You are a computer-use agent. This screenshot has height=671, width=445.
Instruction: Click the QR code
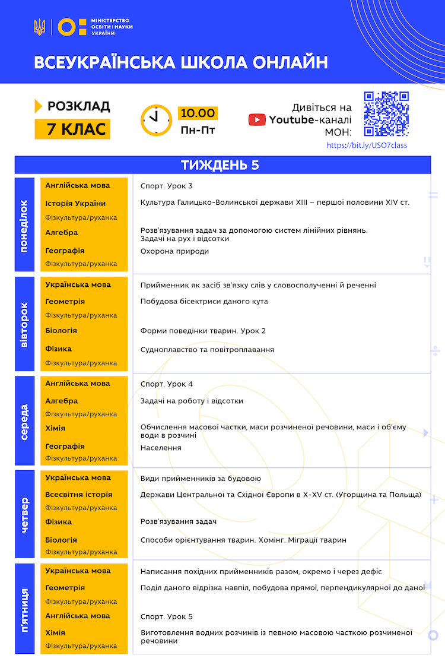[386, 113]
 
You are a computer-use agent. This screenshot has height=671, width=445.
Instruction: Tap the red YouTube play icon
[257, 120]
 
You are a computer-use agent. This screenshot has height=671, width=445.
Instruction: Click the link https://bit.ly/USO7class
[367, 145]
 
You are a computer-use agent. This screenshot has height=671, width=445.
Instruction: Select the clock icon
[156, 120]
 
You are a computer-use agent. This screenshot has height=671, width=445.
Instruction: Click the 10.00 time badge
[198, 113]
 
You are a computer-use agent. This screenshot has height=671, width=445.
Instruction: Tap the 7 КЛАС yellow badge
[72, 128]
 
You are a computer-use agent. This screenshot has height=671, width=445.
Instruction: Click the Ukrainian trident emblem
[39, 27]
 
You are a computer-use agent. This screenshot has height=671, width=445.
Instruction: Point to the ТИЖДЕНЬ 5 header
[223, 165]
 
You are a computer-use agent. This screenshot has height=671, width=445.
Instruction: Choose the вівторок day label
[24, 324]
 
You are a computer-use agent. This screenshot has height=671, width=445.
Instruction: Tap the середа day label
[24, 421]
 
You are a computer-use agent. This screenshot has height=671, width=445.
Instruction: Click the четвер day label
[24, 514]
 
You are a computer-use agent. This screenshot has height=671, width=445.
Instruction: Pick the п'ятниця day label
[24, 607]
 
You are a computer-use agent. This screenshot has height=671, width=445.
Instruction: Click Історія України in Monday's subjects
[75, 204]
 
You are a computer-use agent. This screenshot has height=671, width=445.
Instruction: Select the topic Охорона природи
[174, 251]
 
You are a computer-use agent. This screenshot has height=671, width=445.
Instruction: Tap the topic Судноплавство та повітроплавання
[207, 350]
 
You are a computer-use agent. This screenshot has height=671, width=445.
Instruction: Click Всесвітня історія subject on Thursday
[78, 495]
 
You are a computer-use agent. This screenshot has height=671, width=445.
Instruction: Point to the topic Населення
[161, 448]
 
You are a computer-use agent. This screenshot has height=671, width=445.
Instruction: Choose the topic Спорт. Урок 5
[167, 616]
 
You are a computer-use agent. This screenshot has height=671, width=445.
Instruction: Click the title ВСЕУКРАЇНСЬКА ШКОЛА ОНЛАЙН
[180, 63]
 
